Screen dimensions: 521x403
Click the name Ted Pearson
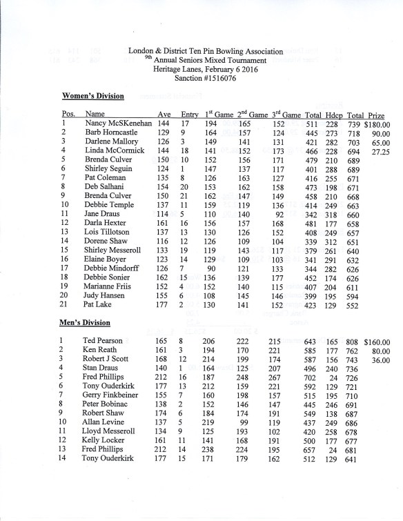tap(103, 341)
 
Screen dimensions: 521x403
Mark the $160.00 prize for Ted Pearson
tap(377, 341)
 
